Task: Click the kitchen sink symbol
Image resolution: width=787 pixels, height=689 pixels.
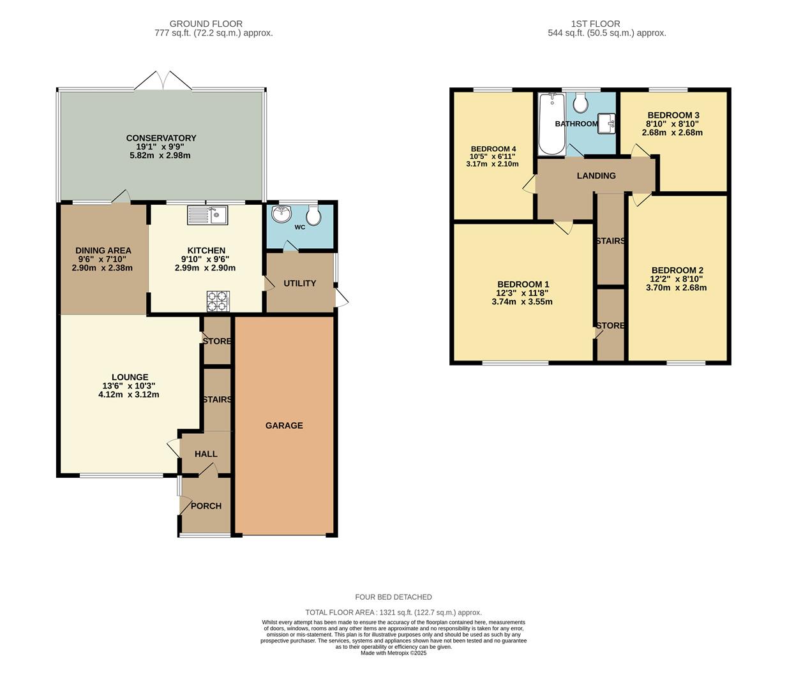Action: tap(207, 215)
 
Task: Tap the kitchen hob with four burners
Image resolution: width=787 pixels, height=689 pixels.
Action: tap(218, 301)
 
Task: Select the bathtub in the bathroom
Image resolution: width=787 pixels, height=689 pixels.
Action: tap(551, 124)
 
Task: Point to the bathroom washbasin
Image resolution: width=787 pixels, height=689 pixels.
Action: tap(606, 123)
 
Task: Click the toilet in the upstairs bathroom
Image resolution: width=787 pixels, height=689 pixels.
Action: tap(581, 102)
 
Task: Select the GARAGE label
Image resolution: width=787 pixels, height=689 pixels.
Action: tap(284, 426)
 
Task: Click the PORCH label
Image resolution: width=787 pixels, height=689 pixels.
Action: tap(206, 506)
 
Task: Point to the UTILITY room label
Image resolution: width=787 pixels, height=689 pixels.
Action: tap(299, 283)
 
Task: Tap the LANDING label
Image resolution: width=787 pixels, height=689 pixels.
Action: tap(596, 175)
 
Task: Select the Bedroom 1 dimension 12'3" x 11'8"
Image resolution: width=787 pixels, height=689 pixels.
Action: tap(522, 293)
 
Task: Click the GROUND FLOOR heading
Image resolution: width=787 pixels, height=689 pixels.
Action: tap(206, 24)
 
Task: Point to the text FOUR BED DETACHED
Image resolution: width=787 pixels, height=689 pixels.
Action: tap(393, 597)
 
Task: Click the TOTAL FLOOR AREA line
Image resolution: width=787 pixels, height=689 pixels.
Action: tap(393, 612)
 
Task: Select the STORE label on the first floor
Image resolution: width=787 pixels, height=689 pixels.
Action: tap(610, 325)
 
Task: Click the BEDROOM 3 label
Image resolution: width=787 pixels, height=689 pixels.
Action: tap(673, 115)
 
